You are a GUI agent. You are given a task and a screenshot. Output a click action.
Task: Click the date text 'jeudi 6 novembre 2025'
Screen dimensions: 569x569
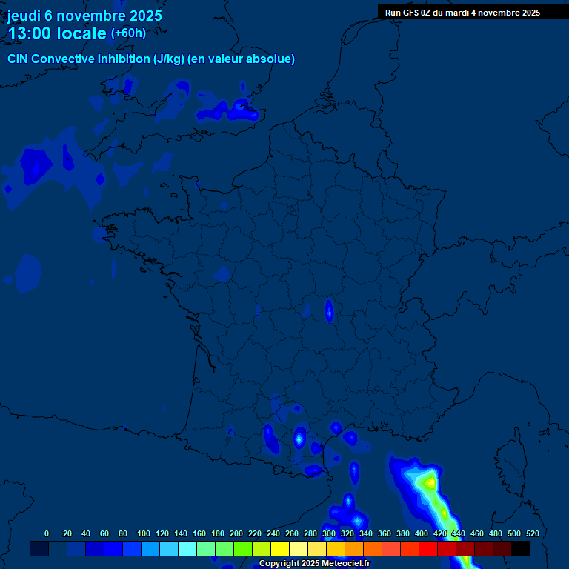84,16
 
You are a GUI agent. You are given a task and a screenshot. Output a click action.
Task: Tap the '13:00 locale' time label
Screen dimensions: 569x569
57,33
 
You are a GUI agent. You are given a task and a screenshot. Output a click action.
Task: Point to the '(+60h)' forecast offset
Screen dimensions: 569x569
128,33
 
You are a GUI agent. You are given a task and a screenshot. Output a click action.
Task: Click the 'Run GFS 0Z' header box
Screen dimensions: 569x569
462,13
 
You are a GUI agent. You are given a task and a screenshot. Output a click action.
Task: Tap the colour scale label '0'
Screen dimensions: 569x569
47,533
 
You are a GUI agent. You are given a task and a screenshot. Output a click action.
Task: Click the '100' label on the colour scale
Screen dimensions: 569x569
143,533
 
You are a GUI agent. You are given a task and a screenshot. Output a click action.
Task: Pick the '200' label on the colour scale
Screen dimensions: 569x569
236,533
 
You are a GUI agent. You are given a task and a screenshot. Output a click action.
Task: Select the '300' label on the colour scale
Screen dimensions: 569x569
328,533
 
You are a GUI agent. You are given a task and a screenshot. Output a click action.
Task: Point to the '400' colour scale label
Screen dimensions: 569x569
421,533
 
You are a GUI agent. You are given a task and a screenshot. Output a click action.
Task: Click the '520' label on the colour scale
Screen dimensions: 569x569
532,533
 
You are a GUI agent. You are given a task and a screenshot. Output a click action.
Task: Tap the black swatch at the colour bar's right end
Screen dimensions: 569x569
521,549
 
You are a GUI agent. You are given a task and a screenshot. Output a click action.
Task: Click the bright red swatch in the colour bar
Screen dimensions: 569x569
428,549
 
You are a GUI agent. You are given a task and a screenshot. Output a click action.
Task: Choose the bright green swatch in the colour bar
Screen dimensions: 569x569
243,549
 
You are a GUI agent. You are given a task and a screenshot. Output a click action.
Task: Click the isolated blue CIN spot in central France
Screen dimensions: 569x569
329,310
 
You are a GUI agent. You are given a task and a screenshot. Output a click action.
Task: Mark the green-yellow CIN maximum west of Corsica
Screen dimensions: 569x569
428,485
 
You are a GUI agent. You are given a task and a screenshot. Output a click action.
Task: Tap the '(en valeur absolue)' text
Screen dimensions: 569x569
243,59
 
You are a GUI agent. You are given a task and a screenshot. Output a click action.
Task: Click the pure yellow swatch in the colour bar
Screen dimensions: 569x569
280,549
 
